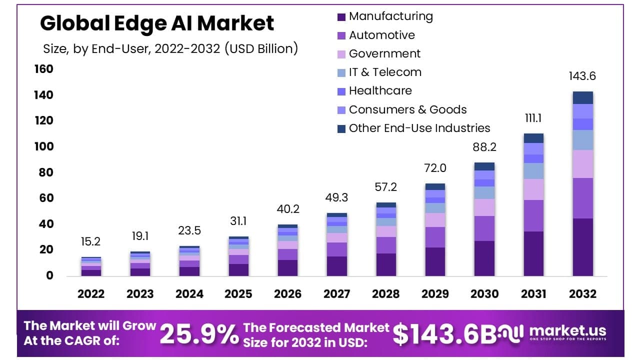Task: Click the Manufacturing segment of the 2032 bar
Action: point(583,247)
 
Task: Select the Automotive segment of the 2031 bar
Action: point(533,215)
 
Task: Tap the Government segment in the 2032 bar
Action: point(583,164)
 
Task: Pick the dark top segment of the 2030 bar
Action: point(484,166)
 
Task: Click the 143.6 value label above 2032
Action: point(582,76)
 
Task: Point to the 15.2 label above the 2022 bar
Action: point(90,241)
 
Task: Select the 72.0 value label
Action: point(435,168)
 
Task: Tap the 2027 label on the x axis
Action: point(336,294)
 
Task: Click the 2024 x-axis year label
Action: point(189,294)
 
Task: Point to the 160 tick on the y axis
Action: point(43,69)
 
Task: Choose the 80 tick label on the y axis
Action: point(46,172)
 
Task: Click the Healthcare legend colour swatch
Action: point(341,91)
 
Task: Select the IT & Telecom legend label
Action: point(385,72)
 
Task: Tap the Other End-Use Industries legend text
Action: point(419,128)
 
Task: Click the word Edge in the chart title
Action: point(140,23)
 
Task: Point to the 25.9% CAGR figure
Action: point(199,334)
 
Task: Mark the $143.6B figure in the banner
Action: point(445,334)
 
